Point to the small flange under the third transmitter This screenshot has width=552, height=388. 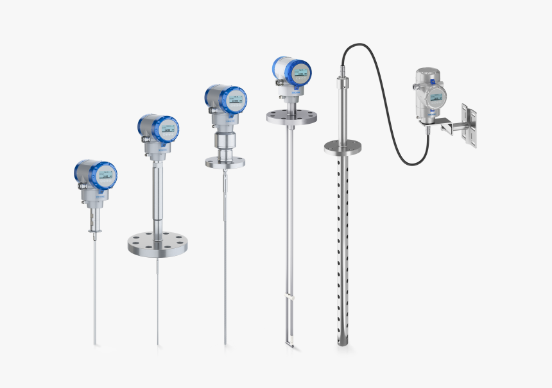pos(225,162)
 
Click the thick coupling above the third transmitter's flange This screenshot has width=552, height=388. pos(225,140)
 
